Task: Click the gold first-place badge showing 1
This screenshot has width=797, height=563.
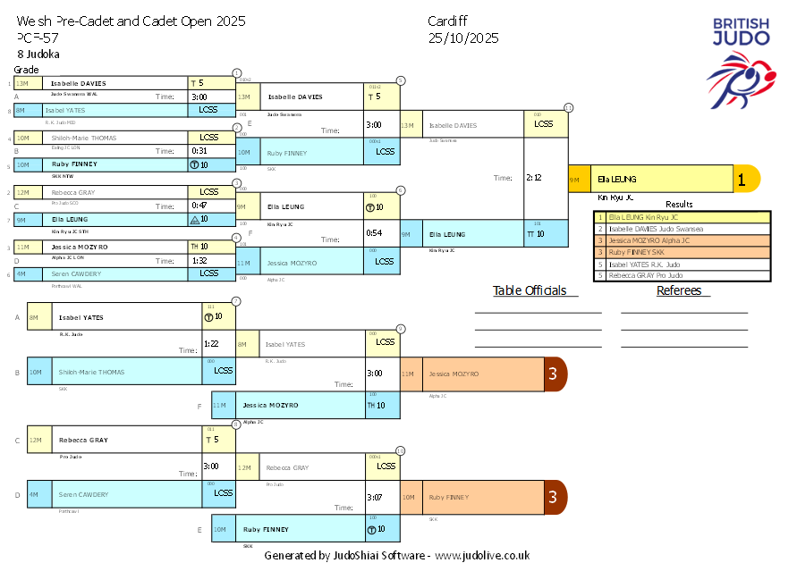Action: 741,179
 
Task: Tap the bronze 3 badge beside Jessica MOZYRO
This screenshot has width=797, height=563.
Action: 554,374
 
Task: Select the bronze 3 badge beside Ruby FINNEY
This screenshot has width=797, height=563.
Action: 554,497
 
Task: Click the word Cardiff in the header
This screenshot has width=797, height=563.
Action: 448,21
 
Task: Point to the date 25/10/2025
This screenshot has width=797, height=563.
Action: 463,38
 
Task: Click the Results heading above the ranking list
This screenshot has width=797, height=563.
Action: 679,205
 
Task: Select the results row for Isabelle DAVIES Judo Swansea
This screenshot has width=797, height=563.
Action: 682,229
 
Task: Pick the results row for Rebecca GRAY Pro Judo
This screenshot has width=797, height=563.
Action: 682,275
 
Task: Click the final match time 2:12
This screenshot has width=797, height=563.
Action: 534,177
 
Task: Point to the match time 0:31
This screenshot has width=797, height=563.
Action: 199,150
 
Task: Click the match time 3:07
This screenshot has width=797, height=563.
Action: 374,497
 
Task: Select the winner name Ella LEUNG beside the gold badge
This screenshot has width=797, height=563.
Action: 617,179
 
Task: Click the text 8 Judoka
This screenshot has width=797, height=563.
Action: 38,55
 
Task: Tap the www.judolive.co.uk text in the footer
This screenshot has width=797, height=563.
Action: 482,555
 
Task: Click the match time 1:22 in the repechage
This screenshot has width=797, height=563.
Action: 211,343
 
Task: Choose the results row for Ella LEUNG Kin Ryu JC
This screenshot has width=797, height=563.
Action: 682,217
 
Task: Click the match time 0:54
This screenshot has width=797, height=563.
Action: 374,232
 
